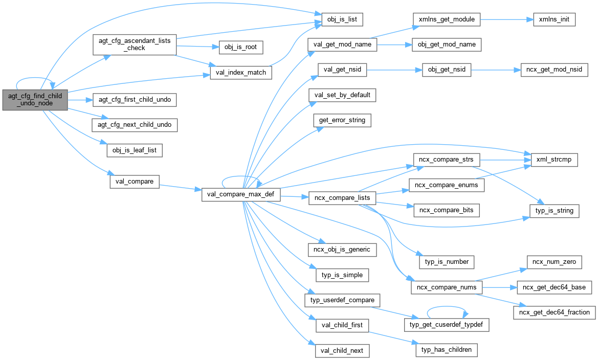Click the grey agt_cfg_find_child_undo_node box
[35, 100]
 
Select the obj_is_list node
[342, 20]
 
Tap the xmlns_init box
[554, 20]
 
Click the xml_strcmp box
[555, 160]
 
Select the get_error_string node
[342, 121]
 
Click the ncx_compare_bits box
[446, 210]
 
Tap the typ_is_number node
[447, 261]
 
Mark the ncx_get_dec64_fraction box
[554, 312]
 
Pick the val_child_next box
[342, 351]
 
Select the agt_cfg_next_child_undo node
[135, 124]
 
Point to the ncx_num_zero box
[554, 262]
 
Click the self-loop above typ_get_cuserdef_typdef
[447, 308]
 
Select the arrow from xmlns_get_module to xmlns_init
[504, 20]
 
